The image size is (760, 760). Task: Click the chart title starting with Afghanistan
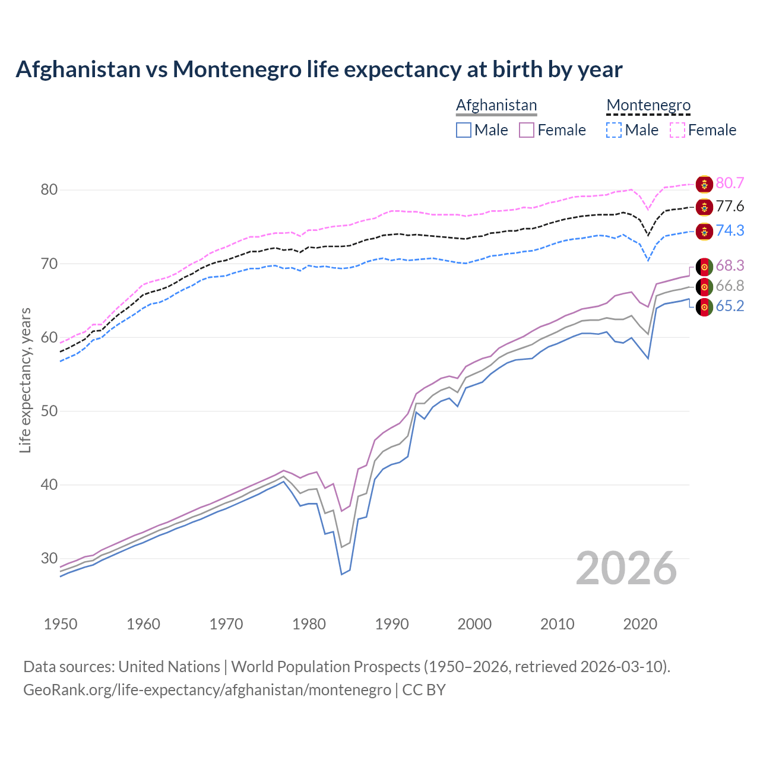tap(319, 69)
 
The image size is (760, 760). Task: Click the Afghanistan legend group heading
tap(496, 105)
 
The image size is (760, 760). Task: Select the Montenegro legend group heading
tap(648, 105)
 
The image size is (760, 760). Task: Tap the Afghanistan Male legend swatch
tap(464, 130)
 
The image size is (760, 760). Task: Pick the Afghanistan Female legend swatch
tap(527, 130)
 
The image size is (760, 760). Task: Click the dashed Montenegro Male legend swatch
tap(614, 130)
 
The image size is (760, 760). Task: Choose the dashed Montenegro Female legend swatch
tap(677, 130)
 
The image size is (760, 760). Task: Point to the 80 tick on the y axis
tap(49, 190)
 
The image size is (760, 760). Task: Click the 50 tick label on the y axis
tap(49, 411)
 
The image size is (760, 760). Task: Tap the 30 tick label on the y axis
tap(49, 558)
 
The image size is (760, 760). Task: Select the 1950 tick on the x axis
tap(61, 624)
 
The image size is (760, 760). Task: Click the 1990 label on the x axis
tap(392, 624)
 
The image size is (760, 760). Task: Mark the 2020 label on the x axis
tap(640, 624)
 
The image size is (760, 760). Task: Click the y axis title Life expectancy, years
tap(25, 380)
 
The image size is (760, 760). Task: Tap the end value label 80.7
tap(730, 183)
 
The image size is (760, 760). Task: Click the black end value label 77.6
tap(730, 207)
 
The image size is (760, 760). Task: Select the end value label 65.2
tap(730, 306)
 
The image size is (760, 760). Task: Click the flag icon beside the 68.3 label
tap(704, 267)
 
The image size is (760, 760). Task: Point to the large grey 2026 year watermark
tap(626, 568)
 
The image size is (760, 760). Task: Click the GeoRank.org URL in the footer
tap(207, 690)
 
